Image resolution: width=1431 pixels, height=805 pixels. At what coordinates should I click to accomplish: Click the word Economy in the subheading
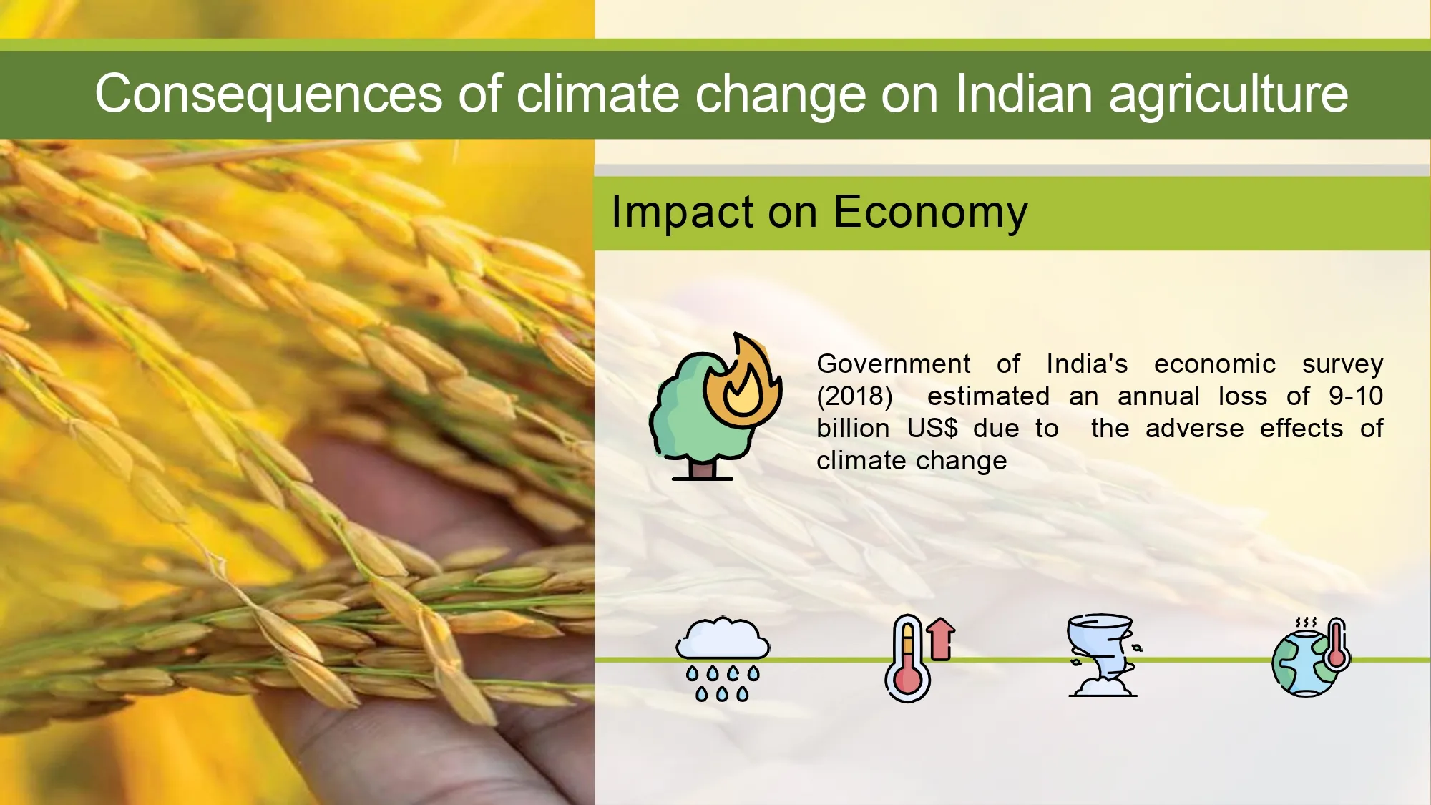tap(931, 213)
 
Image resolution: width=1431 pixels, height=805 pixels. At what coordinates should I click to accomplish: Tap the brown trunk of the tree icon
tap(702, 469)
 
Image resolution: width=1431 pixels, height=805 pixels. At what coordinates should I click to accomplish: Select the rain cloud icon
tap(723, 659)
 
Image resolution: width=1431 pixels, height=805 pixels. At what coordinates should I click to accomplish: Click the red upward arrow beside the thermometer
tap(941, 639)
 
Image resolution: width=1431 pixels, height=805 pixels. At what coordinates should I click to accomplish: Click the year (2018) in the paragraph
tap(854, 396)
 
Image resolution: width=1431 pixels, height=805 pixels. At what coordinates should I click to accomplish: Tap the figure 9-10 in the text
tap(1356, 396)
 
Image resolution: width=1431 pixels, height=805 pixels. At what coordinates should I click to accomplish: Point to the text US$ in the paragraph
tap(932, 429)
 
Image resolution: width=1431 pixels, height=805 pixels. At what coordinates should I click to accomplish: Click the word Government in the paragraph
tap(894, 364)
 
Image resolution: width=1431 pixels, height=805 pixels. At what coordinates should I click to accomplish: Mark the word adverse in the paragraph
tap(1194, 428)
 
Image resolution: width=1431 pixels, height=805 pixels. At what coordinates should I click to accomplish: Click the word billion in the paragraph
tap(853, 428)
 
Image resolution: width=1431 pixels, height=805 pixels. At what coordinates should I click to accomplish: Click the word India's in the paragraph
tap(1087, 364)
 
